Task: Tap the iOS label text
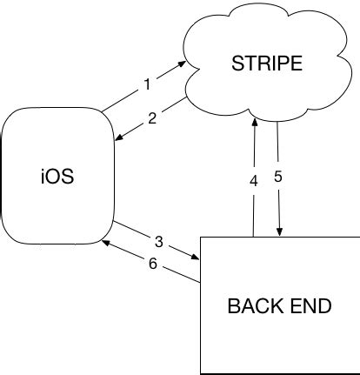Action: pyautogui.click(x=57, y=179)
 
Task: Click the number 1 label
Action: pyautogui.click(x=148, y=85)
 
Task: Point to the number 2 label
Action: pyautogui.click(x=152, y=118)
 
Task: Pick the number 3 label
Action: pyautogui.click(x=159, y=241)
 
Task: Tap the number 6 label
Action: pyautogui.click(x=153, y=264)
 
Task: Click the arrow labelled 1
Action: pyautogui.click(x=143, y=87)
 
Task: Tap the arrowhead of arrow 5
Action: pyautogui.click(x=279, y=232)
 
